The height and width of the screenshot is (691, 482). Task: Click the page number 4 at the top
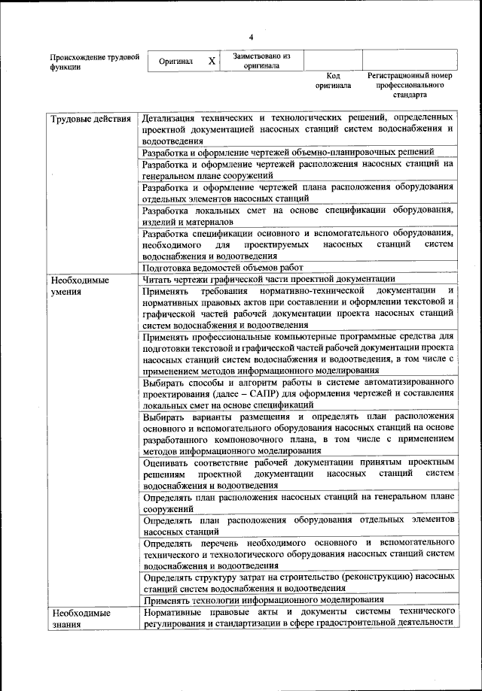252,36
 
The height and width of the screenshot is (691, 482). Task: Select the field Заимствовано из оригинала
261,60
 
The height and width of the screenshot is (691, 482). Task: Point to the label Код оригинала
333,80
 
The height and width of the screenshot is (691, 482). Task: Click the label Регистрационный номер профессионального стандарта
410,86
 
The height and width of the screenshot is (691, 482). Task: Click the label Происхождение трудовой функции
94,62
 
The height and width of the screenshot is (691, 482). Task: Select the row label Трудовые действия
90,120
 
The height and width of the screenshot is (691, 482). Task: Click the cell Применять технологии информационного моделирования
263,599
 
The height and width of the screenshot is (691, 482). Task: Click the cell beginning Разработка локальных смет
297,216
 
